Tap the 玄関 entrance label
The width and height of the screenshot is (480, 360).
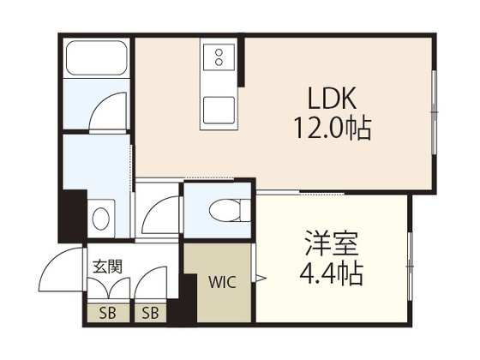tap(107, 267)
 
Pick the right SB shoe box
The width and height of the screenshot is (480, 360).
tap(151, 312)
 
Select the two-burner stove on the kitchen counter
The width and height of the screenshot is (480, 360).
tap(217, 58)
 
